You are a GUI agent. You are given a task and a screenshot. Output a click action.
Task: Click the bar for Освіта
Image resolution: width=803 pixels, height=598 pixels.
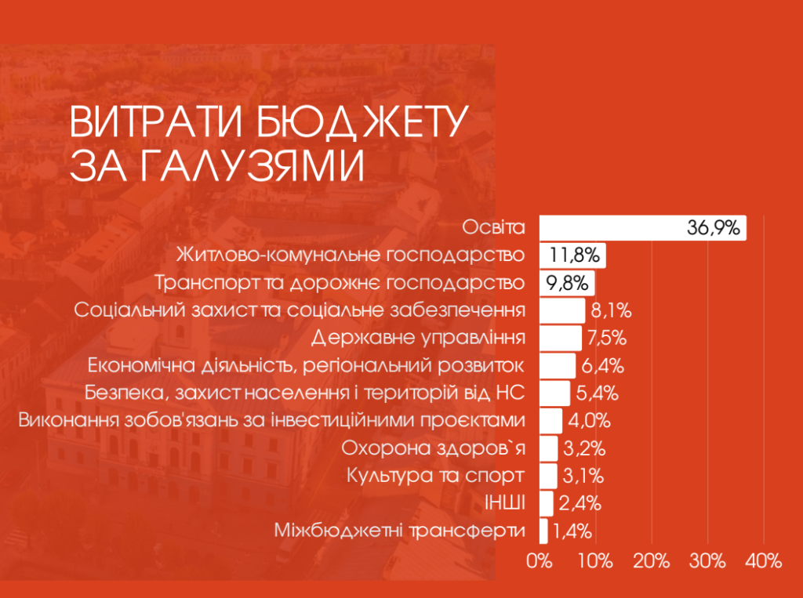pos(612,228)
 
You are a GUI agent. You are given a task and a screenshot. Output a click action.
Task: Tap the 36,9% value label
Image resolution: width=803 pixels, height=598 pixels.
pos(714,229)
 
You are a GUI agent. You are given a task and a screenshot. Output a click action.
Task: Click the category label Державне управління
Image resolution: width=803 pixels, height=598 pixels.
pos(417,338)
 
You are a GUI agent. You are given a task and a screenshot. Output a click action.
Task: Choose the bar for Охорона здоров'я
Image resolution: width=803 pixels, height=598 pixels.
pos(548,449)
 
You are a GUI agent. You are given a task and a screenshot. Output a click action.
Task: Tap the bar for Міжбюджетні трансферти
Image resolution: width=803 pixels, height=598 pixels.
pos(543,531)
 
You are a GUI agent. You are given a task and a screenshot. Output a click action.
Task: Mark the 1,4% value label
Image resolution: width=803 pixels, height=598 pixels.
pos(572,531)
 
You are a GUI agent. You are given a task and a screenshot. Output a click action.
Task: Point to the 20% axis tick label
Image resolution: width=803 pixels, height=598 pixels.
pos(652,561)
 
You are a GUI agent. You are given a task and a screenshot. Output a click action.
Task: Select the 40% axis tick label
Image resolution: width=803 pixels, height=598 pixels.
pos(764,561)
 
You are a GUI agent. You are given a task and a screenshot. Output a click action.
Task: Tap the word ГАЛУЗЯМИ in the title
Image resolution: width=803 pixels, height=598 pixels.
pos(238,165)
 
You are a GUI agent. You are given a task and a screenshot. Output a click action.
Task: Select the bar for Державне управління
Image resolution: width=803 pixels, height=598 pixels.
pos(560,338)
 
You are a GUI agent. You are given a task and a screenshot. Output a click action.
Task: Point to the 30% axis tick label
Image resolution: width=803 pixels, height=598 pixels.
pos(707,561)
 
